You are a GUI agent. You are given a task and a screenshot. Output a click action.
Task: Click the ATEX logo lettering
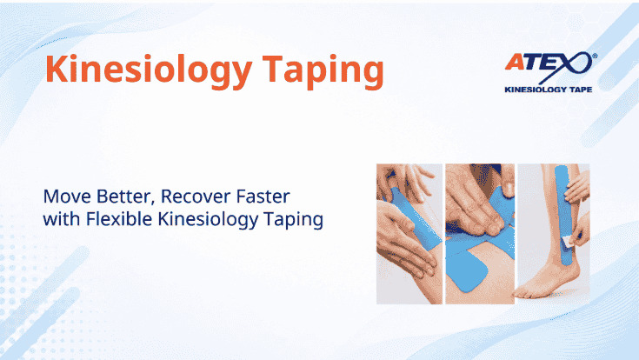click(x=548, y=64)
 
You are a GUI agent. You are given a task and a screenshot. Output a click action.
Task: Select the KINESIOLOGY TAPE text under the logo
click(x=548, y=90)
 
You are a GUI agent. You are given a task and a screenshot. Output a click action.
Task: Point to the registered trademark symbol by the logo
click(x=595, y=56)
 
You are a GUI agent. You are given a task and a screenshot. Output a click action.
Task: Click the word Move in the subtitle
click(x=67, y=197)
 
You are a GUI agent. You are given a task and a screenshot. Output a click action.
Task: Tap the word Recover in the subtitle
click(x=190, y=197)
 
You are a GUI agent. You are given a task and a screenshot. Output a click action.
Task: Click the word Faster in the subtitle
click(x=258, y=197)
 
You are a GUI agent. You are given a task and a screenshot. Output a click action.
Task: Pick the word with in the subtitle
click(x=62, y=219)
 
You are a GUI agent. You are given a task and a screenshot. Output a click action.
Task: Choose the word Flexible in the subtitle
click(x=119, y=219)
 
